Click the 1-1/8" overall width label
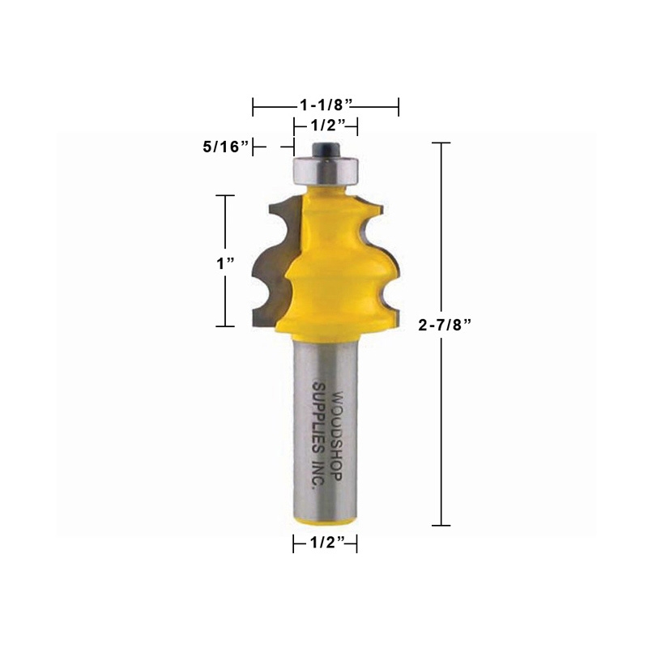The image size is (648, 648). tap(326, 105)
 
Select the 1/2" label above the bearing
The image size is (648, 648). tap(326, 126)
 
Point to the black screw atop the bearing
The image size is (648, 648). tap(325, 150)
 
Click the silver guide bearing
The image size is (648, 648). tap(325, 169)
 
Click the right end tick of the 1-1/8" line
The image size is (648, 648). tap(399, 106)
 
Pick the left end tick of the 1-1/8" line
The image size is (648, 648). tap(254, 106)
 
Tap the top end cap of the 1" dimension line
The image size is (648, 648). tap(224, 195)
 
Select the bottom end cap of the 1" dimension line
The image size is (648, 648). tap(224, 327)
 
